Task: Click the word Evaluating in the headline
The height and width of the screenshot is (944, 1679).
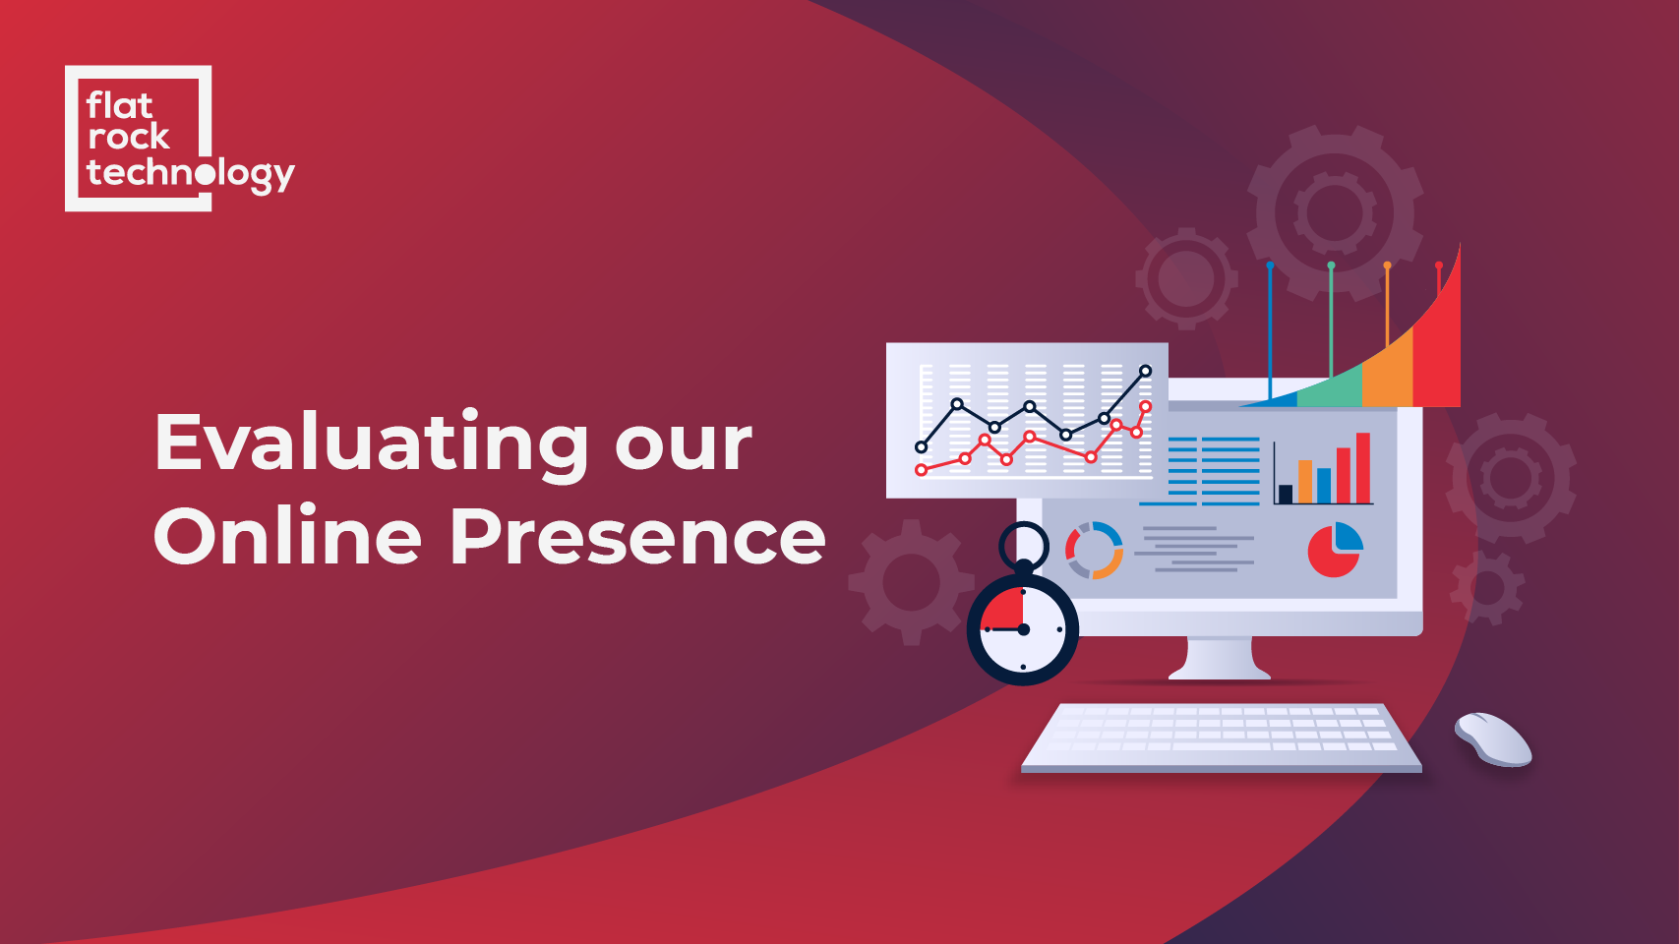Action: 372,444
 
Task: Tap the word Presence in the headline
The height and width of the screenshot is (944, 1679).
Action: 637,537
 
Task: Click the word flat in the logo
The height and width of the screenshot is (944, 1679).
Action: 120,105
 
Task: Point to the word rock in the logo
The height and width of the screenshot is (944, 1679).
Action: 128,137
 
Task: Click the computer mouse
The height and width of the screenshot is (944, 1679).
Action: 1493,739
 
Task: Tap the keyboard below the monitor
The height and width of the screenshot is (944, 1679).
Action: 1221,737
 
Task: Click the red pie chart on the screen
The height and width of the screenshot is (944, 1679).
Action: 1332,553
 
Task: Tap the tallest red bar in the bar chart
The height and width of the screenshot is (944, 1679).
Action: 1362,468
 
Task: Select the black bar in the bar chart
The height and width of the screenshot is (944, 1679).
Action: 1285,494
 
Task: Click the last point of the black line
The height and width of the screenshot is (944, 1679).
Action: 1145,370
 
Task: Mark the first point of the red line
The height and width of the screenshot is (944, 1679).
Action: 922,470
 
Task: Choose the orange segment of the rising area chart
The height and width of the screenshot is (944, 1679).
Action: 1388,375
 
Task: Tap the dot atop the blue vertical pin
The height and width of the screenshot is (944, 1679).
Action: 1270,265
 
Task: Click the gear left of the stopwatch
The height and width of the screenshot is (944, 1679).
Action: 911,582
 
